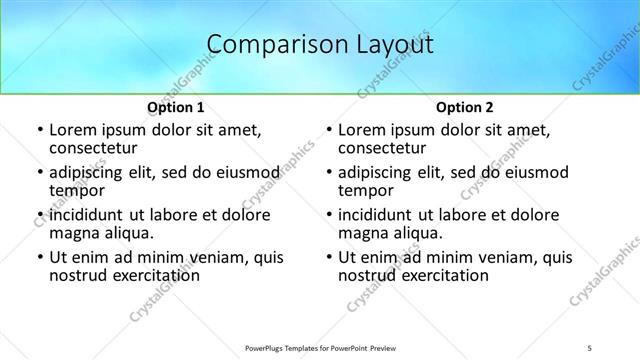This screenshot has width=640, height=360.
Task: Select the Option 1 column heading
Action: [x=176, y=107]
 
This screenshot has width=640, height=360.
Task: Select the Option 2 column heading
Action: [x=465, y=107]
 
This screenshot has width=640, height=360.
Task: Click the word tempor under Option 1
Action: [x=76, y=190]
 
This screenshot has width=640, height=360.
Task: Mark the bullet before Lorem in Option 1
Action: [x=39, y=131]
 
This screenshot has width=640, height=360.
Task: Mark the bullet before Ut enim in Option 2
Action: [x=328, y=258]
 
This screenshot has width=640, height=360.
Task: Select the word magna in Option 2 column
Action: [x=362, y=233]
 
